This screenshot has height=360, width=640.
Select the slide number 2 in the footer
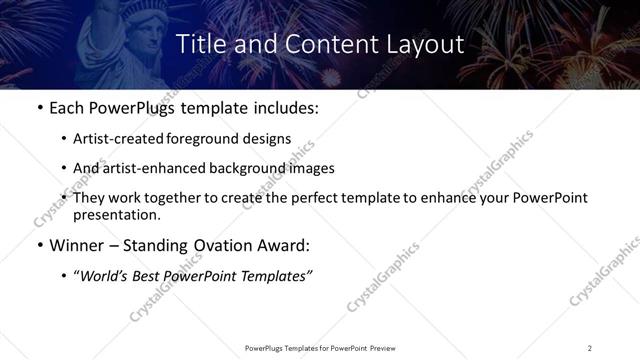pos(590,347)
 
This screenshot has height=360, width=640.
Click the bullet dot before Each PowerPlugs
pos(39,106)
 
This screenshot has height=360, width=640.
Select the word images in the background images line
pos(312,168)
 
